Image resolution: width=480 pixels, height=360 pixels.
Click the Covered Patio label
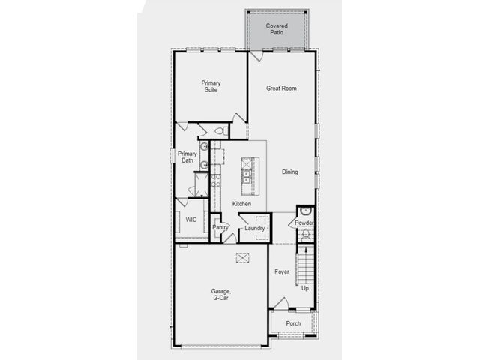277,29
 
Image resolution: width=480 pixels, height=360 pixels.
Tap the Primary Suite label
211,86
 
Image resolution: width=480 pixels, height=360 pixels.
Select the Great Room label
281,88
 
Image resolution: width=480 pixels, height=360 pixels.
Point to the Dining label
290,172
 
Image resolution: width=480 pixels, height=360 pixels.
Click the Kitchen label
241,203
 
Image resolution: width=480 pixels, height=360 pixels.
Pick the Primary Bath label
187,157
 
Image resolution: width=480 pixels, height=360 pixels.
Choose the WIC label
191,220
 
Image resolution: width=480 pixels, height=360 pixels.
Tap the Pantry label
220,227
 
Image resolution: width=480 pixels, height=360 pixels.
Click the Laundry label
255,228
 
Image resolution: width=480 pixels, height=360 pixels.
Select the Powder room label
304,223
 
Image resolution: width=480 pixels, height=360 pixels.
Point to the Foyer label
282,271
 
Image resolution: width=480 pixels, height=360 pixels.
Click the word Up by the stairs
305,288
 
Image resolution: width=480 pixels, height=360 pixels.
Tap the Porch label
293,323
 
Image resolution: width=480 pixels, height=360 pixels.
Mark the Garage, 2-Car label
220,294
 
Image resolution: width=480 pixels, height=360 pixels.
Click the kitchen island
250,176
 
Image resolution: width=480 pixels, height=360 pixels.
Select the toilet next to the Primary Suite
222,131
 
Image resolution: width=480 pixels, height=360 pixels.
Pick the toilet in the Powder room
306,234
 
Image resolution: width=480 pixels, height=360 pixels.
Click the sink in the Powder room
305,211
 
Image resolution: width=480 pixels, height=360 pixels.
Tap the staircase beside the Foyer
306,265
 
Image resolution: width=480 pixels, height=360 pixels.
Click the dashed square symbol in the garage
242,257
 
